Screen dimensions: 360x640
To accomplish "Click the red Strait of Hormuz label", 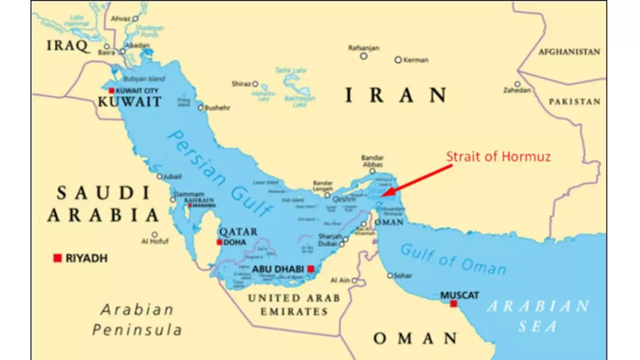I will (x=498, y=156).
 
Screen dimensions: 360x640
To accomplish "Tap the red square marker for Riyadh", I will (x=57, y=258).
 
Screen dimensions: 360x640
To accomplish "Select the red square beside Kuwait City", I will (x=111, y=90).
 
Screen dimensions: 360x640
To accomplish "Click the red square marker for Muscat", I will (x=453, y=304).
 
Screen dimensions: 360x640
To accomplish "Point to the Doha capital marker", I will (x=219, y=242).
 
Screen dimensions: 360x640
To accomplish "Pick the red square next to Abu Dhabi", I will (x=310, y=269).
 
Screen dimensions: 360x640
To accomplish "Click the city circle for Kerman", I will (x=398, y=59).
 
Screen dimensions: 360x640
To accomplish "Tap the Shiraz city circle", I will (x=255, y=83).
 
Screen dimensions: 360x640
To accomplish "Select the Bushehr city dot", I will (x=200, y=107).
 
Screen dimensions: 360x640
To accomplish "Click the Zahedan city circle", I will (x=517, y=84).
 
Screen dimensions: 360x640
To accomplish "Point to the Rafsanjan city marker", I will (x=364, y=56).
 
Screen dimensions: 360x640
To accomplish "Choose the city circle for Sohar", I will (x=390, y=275).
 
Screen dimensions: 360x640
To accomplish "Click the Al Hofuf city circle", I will (x=154, y=234).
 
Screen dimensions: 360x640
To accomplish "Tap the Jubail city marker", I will (x=159, y=176).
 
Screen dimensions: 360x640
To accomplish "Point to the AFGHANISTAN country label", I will (x=569, y=51).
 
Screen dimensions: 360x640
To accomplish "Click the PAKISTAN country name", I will (x=574, y=101).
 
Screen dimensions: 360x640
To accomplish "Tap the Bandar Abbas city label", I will (x=372, y=161).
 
